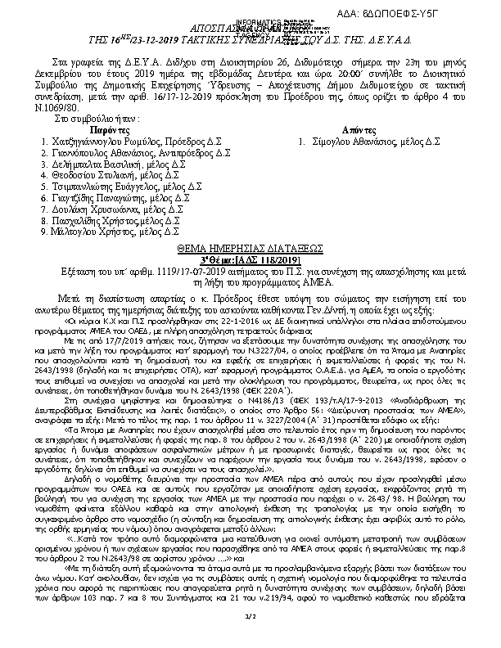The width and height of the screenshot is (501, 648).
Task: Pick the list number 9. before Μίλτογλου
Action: click(43, 232)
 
